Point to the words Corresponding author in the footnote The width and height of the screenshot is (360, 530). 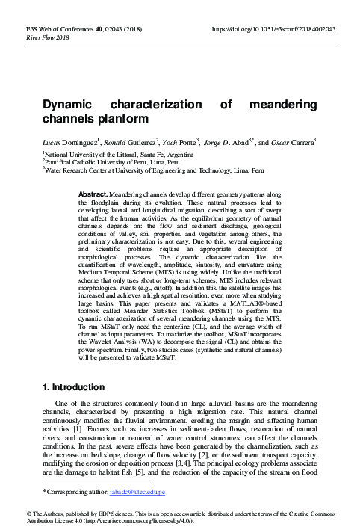click(x=75, y=493)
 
